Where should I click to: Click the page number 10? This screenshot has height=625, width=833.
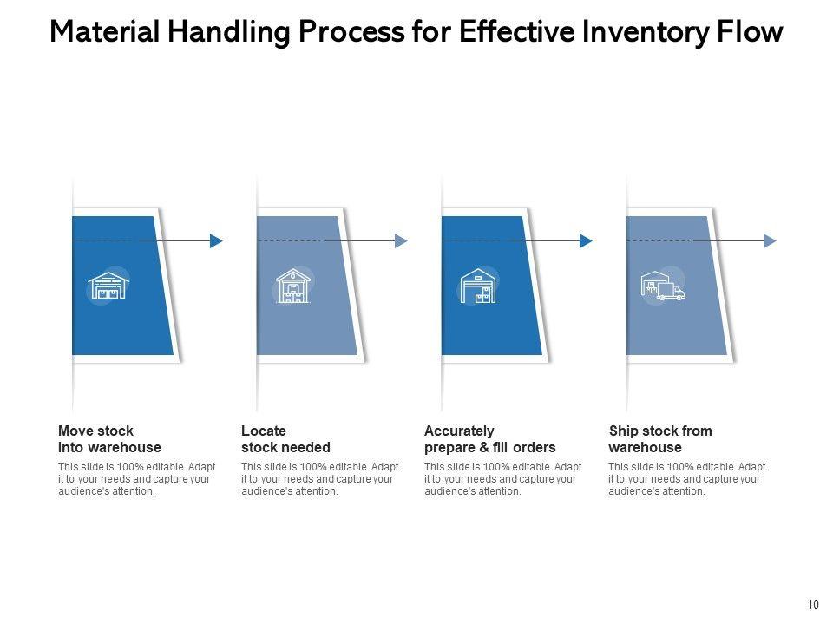(x=813, y=605)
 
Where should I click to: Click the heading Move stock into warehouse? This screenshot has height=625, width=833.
(x=109, y=439)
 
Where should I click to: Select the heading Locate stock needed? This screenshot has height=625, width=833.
(x=285, y=439)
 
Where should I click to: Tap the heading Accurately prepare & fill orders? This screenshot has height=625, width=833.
(x=489, y=439)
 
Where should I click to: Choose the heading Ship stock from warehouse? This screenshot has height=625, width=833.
(x=660, y=439)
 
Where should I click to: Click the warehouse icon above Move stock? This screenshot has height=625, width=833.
(x=108, y=285)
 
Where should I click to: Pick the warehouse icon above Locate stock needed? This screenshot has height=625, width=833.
(x=293, y=286)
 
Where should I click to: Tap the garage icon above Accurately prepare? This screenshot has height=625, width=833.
(x=477, y=286)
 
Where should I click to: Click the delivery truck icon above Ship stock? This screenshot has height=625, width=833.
(x=663, y=286)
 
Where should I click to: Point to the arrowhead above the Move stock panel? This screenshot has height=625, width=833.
(x=217, y=241)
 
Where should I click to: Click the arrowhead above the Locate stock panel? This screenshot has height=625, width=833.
(x=401, y=241)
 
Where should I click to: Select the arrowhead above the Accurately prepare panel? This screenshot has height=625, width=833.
(x=586, y=241)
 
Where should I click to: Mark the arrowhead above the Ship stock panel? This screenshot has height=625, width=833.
(x=770, y=241)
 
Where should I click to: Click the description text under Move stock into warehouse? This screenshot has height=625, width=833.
(x=136, y=479)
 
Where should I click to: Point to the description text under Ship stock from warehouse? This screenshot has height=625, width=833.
(x=686, y=479)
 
